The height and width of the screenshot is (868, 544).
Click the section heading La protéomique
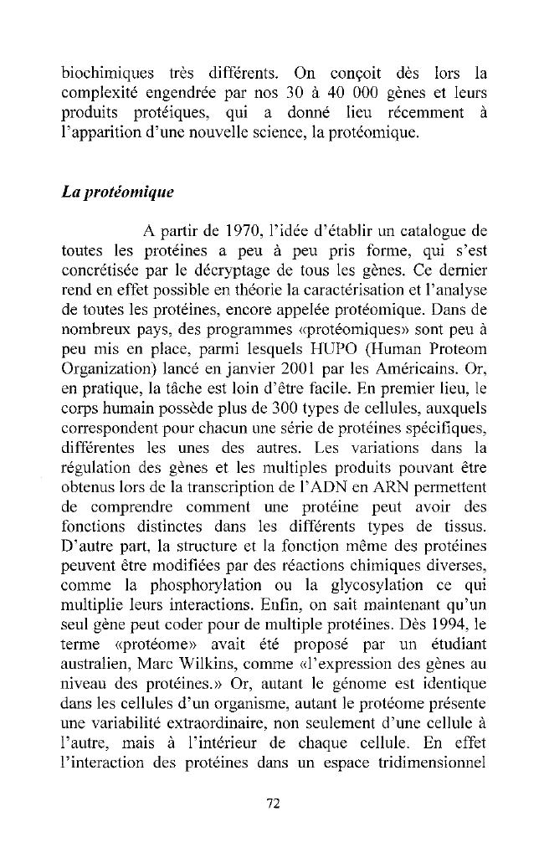tap(118, 192)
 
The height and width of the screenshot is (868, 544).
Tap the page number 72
tap(272, 804)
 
